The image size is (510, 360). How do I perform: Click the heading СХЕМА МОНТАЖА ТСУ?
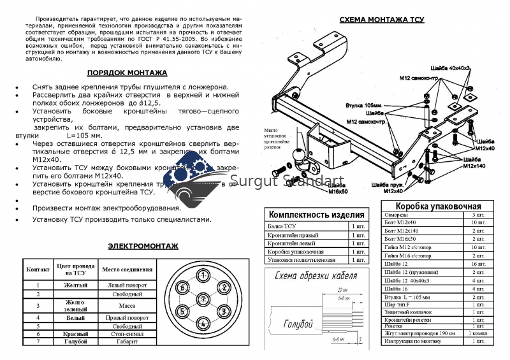(x=381, y=20)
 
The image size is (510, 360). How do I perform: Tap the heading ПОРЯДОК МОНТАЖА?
(x=127, y=73)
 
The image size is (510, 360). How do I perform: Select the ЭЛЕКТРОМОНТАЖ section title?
(x=143, y=245)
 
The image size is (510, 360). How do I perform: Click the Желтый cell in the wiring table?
(x=76, y=285)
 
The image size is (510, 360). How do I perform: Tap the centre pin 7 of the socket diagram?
(x=202, y=299)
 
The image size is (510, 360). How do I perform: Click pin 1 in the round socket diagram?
(x=202, y=276)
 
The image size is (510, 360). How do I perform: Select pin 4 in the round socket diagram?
(x=202, y=322)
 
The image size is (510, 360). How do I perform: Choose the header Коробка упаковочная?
(x=438, y=206)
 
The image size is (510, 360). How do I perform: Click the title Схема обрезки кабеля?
(x=314, y=276)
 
